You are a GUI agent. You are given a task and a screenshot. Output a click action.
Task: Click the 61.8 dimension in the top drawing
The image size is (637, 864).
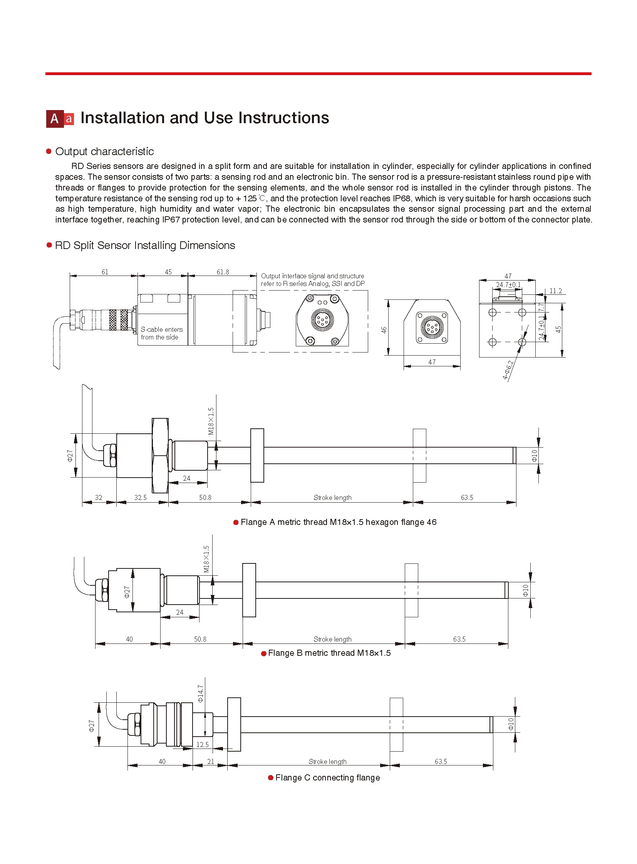(223, 272)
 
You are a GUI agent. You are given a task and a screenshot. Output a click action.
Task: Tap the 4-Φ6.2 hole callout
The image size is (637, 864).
(508, 370)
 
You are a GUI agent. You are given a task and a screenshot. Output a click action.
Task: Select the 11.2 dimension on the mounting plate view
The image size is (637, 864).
(555, 291)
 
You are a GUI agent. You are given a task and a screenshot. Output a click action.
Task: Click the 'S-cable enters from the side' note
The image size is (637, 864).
(161, 333)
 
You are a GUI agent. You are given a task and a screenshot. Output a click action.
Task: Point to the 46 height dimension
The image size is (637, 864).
(384, 330)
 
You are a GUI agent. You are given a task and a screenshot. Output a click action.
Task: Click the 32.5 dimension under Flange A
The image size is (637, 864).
(140, 498)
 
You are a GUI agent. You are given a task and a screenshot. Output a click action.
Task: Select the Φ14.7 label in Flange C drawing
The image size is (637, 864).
(200, 694)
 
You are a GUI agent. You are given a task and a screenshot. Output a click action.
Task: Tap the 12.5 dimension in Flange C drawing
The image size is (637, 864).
(202, 745)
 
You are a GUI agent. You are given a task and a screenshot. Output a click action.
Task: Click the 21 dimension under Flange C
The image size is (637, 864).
(211, 762)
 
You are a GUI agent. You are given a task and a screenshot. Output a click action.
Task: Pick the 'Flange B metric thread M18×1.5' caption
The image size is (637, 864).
(329, 653)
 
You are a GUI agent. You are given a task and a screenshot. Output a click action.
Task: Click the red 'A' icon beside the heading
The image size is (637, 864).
(55, 119)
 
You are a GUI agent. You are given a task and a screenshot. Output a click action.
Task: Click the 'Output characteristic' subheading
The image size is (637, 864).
(104, 152)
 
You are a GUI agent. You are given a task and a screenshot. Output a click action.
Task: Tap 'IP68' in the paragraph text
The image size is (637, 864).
(401, 199)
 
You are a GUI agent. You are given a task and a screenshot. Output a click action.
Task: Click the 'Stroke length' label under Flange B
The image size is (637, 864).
(332, 639)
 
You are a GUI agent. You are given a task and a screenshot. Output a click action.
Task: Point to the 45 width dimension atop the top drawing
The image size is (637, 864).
(168, 272)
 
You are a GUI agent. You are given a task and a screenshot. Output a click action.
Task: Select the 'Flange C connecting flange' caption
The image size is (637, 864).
(327, 778)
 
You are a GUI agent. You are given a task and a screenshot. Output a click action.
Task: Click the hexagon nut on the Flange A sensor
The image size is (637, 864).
(160, 456)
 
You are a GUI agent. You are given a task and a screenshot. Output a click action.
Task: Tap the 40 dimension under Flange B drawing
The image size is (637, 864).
(129, 639)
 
